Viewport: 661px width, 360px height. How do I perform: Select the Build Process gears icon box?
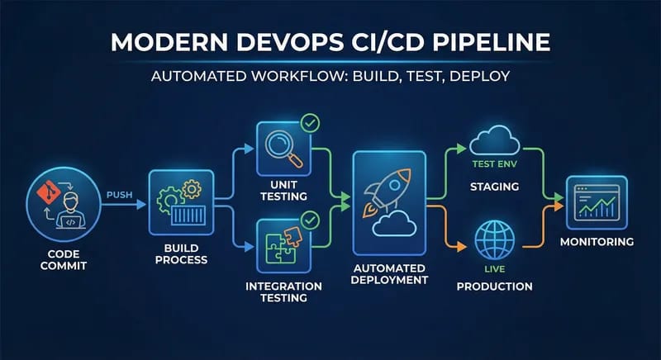coord(180,202)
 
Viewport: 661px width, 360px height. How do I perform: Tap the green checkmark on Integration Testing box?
coord(311,220)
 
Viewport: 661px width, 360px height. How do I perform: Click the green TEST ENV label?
coord(494,163)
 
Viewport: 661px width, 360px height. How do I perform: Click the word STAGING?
coord(494,187)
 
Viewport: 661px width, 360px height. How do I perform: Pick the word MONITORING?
coord(597,243)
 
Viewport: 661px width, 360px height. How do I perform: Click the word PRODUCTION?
coord(494,287)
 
